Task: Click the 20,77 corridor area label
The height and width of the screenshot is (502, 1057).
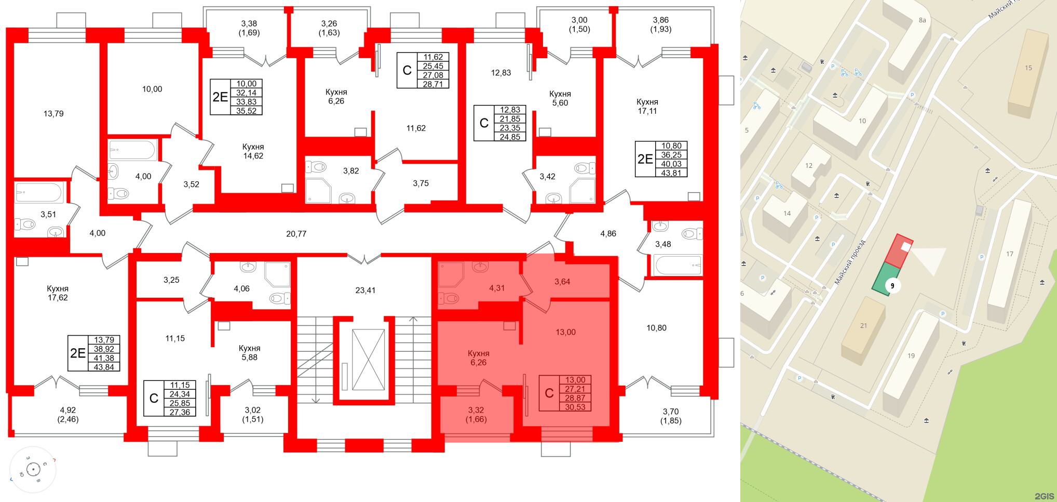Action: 296,234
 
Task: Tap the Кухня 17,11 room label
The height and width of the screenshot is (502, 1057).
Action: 647,107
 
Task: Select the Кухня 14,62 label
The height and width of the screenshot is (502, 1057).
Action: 253,151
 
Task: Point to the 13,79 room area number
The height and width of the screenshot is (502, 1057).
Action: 53,113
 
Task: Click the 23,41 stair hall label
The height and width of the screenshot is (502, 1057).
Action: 365,290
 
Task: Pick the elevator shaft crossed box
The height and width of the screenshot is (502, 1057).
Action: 368,359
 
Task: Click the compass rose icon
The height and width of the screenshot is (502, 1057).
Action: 33,470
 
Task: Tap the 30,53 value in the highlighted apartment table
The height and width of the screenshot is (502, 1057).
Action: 575,407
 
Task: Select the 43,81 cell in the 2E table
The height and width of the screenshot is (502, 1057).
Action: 671,173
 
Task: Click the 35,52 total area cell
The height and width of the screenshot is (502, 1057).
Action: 246,111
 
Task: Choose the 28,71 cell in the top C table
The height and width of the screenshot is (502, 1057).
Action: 432,84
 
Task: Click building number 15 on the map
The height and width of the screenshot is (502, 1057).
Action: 1028,68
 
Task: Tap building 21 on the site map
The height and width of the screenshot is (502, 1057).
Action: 863,326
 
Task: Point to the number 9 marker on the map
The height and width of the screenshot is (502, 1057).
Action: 892,286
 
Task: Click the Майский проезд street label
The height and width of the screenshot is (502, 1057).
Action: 850,262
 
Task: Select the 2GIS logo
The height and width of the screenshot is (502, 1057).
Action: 1044,496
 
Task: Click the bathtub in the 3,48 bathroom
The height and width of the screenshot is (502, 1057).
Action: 678,265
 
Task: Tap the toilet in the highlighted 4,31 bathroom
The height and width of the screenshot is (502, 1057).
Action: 449,298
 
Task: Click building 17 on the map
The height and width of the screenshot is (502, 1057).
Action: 1009,254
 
